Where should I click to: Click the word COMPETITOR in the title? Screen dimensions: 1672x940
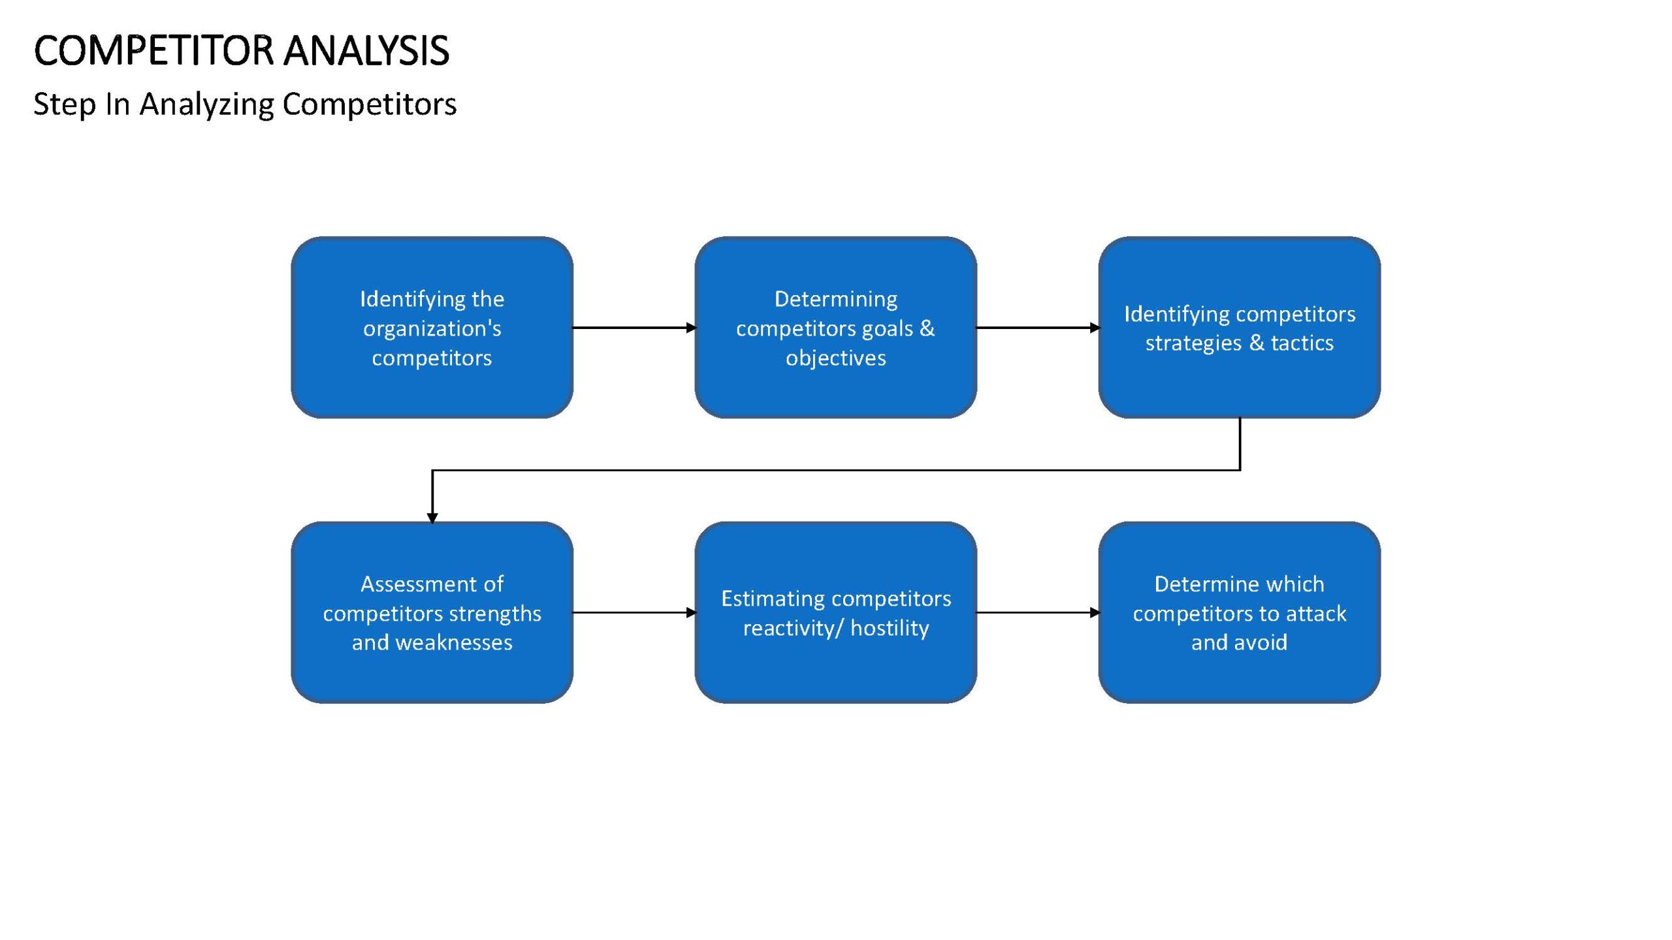[154, 51]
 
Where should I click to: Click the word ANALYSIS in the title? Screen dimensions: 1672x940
[367, 51]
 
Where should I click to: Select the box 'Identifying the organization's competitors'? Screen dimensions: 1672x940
[432, 328]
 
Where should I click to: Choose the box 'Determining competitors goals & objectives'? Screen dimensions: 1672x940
[835, 328]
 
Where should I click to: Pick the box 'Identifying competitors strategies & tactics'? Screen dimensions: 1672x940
[1239, 328]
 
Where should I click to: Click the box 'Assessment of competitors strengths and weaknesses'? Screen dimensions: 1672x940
[432, 612]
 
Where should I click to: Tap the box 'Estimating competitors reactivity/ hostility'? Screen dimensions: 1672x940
[835, 612]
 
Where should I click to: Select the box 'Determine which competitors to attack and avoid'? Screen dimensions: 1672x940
[1239, 612]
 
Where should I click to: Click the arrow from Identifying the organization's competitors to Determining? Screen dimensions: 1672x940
[634, 328]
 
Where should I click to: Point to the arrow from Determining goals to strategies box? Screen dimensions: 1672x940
[1038, 328]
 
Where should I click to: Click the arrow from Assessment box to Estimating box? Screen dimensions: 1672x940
[634, 612]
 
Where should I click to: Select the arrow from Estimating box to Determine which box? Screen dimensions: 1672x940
[1038, 612]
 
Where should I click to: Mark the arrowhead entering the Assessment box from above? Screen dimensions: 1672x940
[432, 518]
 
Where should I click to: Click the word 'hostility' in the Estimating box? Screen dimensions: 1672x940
[890, 628]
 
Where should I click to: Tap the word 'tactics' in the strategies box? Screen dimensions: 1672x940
[1302, 343]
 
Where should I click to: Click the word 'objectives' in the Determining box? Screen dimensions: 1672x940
[835, 358]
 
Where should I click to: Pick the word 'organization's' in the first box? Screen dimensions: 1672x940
[432, 329]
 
